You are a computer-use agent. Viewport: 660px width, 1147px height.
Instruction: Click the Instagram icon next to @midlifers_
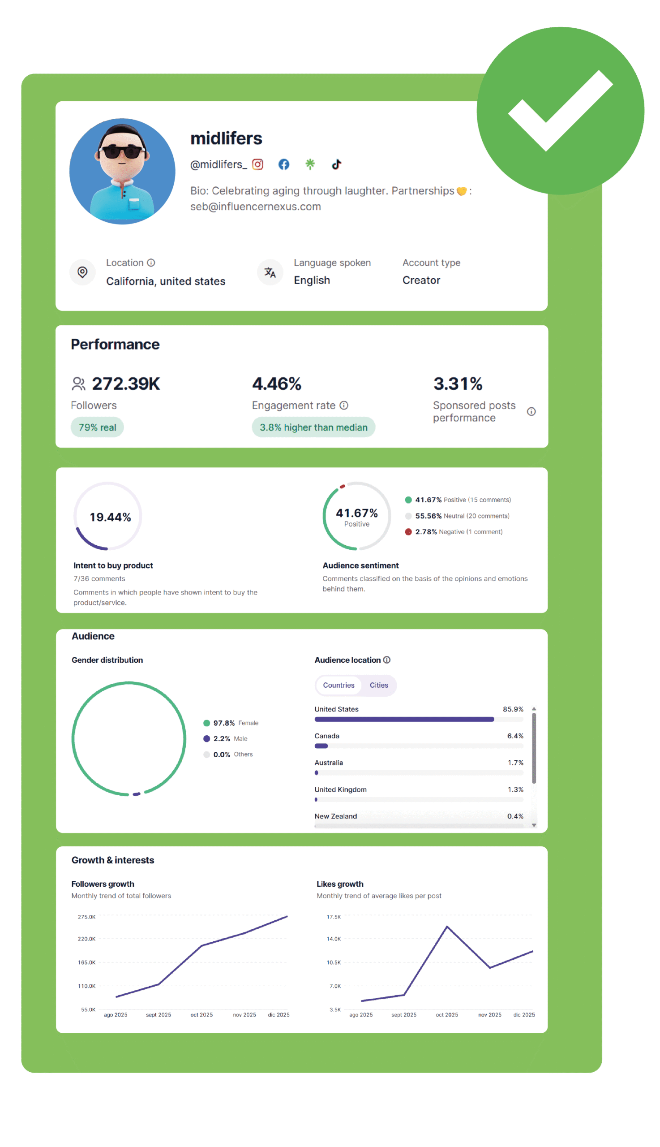tap(257, 164)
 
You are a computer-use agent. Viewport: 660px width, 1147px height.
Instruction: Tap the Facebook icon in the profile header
tap(284, 164)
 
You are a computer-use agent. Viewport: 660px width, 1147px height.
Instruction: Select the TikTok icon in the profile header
tap(336, 164)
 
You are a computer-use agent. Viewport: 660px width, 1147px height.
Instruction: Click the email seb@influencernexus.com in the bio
tap(255, 207)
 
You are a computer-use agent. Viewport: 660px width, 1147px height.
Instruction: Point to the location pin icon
tap(82, 272)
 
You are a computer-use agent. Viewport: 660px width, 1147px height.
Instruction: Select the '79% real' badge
tap(97, 427)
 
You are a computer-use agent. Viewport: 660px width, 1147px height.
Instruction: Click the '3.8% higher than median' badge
tap(313, 427)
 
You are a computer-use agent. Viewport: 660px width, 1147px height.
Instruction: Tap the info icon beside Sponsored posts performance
tap(531, 411)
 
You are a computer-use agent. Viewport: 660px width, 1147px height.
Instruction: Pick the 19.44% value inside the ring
tap(110, 517)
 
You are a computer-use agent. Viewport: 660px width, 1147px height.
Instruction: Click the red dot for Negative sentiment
tap(408, 531)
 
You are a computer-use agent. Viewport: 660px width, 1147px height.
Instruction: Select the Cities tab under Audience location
tap(378, 685)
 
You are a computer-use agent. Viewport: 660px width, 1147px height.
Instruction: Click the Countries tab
tap(339, 685)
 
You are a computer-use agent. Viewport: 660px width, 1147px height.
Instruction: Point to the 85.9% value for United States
tap(513, 709)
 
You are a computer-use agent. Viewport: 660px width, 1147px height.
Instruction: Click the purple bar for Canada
tap(321, 746)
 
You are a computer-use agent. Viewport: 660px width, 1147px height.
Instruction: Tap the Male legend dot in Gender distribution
tap(207, 738)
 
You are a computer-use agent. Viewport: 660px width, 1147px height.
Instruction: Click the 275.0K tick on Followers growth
tap(86, 917)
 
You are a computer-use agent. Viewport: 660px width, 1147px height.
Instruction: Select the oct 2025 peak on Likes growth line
tap(447, 927)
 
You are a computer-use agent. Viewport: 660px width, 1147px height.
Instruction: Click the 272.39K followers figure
tap(126, 384)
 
